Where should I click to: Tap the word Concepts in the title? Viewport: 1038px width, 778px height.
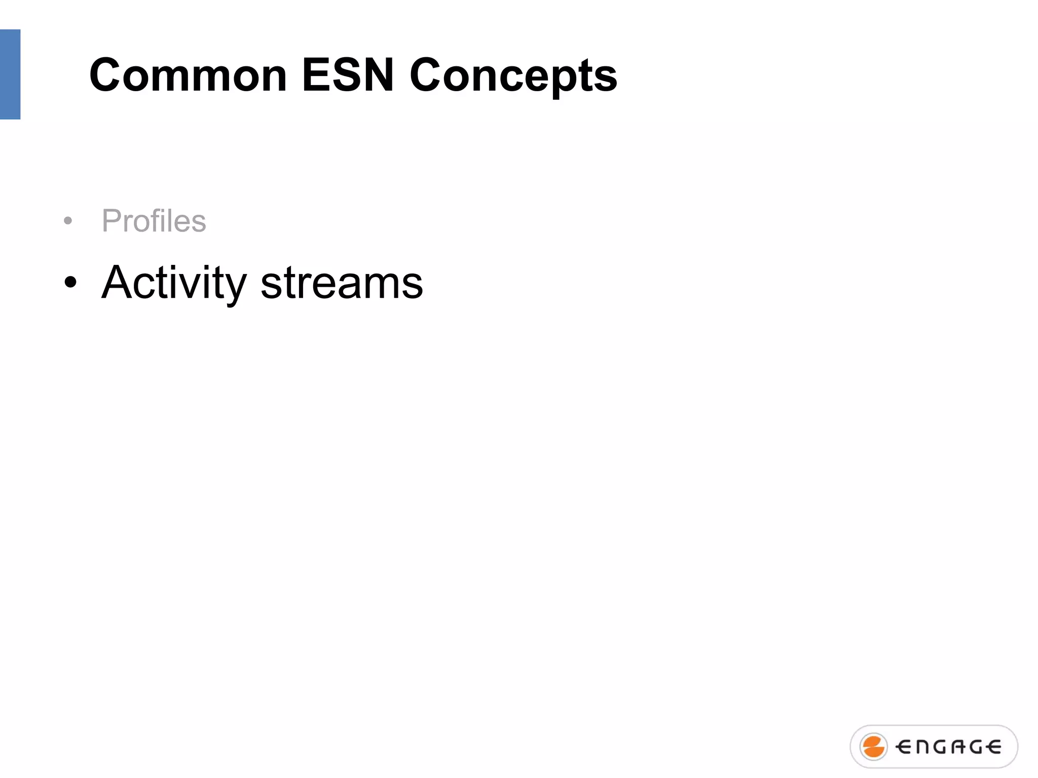point(513,76)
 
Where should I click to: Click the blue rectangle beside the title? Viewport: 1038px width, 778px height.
point(10,74)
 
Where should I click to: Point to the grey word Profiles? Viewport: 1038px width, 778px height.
point(154,221)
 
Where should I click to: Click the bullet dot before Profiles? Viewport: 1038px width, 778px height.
point(68,221)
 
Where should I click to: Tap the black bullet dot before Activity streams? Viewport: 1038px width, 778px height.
point(70,283)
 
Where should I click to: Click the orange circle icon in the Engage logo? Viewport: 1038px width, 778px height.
point(873,747)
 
